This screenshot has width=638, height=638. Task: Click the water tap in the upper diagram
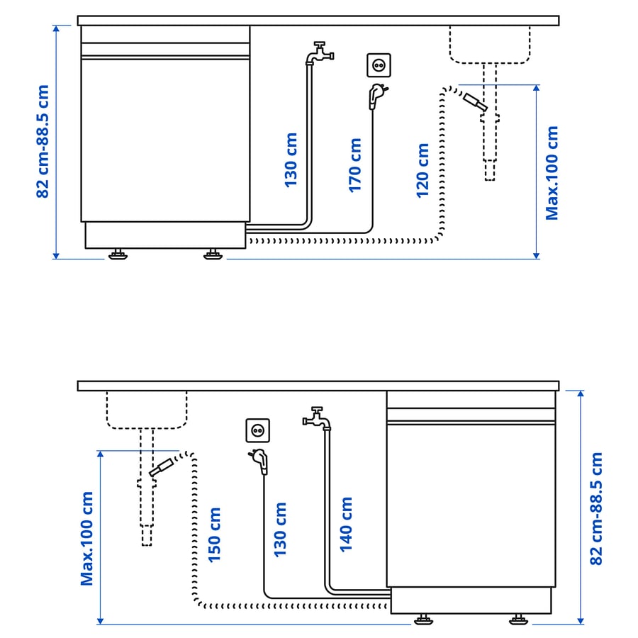coord(320,53)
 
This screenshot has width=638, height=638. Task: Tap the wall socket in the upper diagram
coord(379,65)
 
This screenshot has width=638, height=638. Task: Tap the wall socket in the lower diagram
coord(257,430)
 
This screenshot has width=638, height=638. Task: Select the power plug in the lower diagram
coord(259,461)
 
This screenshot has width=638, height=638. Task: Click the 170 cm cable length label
coord(355,165)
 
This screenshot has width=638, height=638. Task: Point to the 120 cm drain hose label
coord(422,170)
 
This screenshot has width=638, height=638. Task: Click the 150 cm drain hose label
coord(214,535)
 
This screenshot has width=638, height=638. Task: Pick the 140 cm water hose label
coord(346,525)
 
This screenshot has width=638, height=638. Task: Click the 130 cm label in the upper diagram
coord(291,160)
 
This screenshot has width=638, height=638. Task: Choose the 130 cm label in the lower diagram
coord(280,530)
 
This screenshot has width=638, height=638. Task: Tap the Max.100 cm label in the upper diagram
coord(552,173)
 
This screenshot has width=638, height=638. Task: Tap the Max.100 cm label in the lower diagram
coord(86,539)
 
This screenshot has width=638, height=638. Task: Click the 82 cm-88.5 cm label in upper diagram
coord(43,141)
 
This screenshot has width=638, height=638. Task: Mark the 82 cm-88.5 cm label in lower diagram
coord(596,508)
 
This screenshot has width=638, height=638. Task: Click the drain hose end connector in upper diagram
coord(475,101)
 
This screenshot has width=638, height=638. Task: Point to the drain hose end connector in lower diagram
coord(162,467)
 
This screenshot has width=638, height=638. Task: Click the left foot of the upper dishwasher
coord(118,254)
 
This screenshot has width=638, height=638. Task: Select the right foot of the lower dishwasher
coord(518,620)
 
